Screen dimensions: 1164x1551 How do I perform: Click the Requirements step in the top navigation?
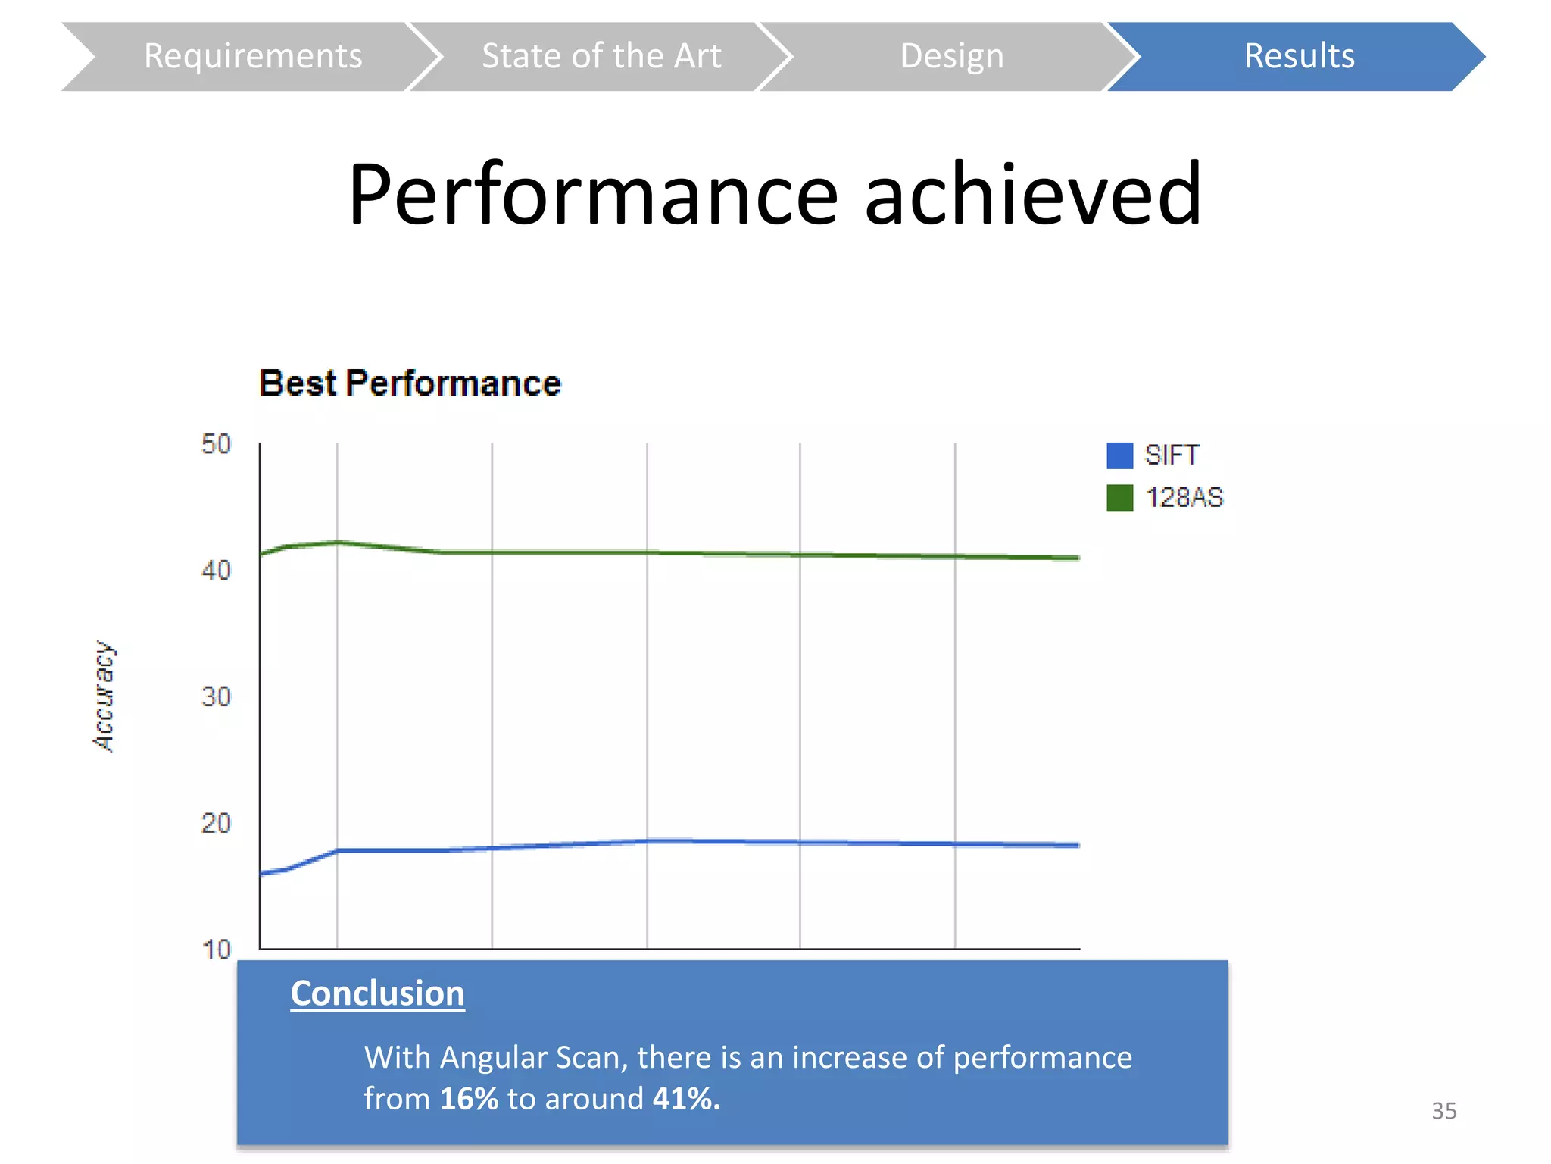tap(253, 56)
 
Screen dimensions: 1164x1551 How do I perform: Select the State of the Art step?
tap(601, 56)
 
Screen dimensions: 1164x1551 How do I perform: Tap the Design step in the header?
tap(951, 56)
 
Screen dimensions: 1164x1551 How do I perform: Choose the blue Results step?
tap(1299, 56)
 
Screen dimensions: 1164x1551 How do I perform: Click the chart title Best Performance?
tap(410, 383)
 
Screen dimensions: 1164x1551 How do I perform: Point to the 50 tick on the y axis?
tap(216, 444)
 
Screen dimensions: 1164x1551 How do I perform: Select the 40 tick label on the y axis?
tap(216, 570)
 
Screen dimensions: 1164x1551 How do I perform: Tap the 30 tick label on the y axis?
tap(216, 696)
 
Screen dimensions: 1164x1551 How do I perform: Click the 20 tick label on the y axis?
tap(216, 823)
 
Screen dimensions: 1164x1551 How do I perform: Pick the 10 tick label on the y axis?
tap(216, 949)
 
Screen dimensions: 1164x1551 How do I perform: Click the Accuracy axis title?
tap(104, 696)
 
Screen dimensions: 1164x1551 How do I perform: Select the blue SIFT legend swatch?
tap(1119, 455)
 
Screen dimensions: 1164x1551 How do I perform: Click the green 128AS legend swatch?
tap(1119, 498)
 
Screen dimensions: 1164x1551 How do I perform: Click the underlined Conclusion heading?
tap(377, 993)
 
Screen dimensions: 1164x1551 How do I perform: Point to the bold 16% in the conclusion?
tap(469, 1099)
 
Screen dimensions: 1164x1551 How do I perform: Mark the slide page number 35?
tap(1443, 1111)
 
